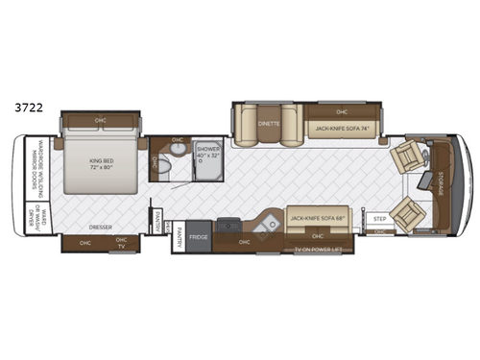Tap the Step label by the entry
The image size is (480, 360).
380,218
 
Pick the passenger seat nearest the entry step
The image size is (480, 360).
407,211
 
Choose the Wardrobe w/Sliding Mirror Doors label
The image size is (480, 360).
36,178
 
